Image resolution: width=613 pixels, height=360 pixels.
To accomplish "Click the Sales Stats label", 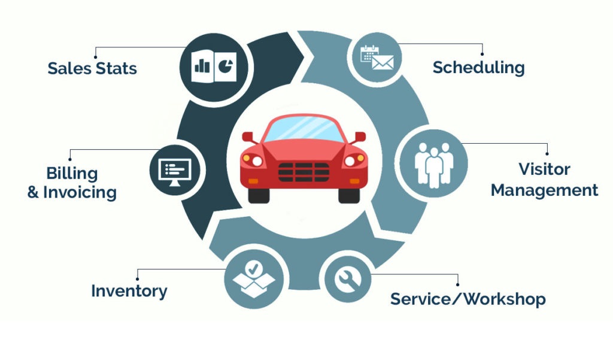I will pos(92,68).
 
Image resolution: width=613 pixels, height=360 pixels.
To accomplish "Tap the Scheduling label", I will pos(478,67).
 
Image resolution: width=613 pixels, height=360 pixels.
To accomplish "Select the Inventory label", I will pos(129,291).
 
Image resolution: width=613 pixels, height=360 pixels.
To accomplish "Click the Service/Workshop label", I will pos(468,298).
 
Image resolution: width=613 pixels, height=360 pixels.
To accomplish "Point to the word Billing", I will pos(72,174).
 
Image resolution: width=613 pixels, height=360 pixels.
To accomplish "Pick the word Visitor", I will pos(544,169).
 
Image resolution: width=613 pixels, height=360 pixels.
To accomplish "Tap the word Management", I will pos(544,190).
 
